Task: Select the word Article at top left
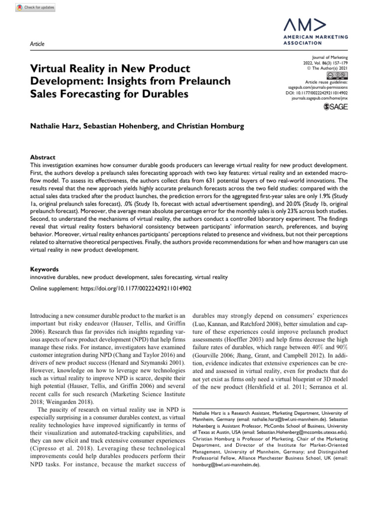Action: pyautogui.click(x=37, y=44)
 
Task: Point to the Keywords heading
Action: pyautogui.click(x=44, y=270)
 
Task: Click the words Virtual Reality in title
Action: pyautogui.click(x=62, y=67)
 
